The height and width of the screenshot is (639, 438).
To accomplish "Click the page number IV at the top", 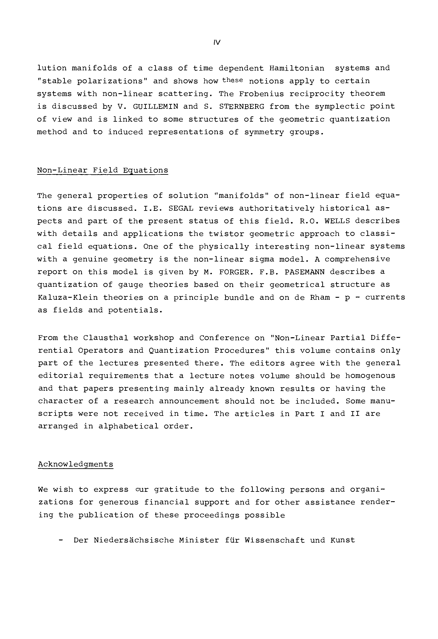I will tap(217, 43).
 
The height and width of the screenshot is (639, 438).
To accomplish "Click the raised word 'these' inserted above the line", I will tap(233, 80).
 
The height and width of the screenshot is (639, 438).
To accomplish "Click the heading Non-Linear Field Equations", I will tap(102, 170).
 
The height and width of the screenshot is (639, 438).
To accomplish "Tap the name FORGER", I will tap(236, 272).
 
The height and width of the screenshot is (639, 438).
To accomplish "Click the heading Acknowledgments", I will tap(76, 464).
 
